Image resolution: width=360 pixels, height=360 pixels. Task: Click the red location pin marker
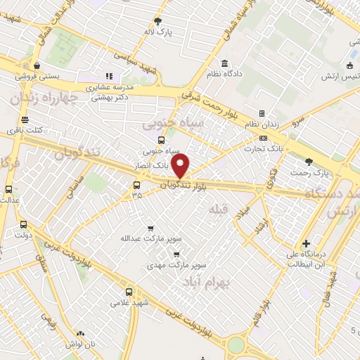[x=181, y=166]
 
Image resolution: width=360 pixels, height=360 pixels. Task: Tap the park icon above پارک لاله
[x=157, y=21]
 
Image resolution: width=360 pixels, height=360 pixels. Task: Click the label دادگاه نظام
[x=225, y=73]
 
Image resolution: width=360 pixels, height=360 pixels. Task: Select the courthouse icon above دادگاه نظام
[x=225, y=63]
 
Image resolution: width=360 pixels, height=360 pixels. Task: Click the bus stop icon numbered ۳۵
[x=136, y=186]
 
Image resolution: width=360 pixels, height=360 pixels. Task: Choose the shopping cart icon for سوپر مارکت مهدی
[x=177, y=255]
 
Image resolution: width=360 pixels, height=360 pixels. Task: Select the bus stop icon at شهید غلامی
[x=129, y=292]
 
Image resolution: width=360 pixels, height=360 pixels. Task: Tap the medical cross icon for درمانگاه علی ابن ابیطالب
[x=305, y=243]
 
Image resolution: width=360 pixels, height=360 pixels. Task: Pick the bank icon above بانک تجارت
[x=263, y=138]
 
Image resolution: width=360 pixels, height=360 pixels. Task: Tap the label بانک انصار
[x=150, y=167]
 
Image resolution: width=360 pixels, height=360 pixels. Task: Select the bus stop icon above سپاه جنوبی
[x=161, y=140]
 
